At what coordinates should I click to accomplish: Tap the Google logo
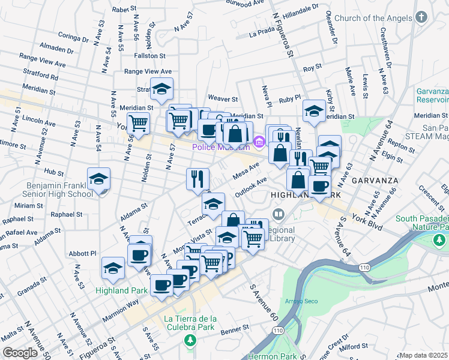point(20,353)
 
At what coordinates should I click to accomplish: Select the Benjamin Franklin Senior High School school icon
point(99,179)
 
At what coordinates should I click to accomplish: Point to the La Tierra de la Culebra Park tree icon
point(190,341)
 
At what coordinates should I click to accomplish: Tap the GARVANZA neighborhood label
point(369,179)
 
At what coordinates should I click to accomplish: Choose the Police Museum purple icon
point(259,142)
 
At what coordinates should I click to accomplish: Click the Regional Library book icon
point(279,214)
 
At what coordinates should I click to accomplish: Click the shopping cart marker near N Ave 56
point(139,124)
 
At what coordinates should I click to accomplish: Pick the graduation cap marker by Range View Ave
point(161,89)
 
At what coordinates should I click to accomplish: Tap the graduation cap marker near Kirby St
point(314,111)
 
